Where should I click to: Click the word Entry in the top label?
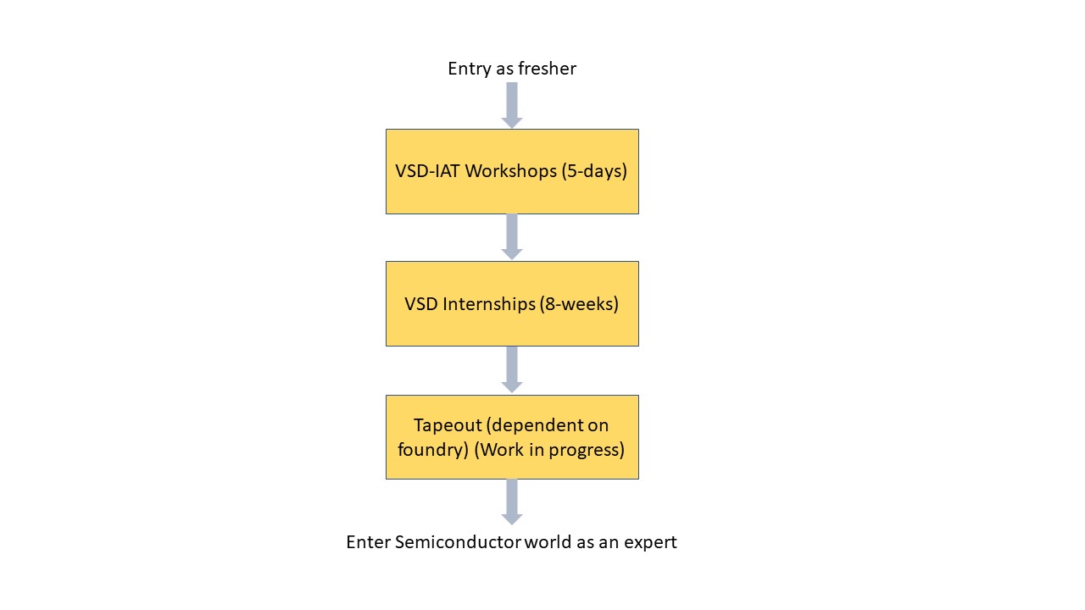[x=469, y=69]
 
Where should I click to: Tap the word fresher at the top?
[x=548, y=69]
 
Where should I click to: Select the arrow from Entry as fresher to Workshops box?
[x=512, y=105]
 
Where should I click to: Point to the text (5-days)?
[x=594, y=171]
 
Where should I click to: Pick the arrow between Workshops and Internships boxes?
[x=512, y=237]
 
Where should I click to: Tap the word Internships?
[x=492, y=303]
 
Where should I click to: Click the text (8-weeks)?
[x=579, y=303]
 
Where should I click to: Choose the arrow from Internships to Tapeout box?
[x=512, y=369]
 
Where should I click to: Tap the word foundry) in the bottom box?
[x=433, y=450]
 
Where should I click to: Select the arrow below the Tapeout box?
[x=512, y=502]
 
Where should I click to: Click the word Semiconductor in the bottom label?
[x=458, y=542]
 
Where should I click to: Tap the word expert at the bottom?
[x=650, y=542]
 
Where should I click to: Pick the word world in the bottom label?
[x=548, y=542]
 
